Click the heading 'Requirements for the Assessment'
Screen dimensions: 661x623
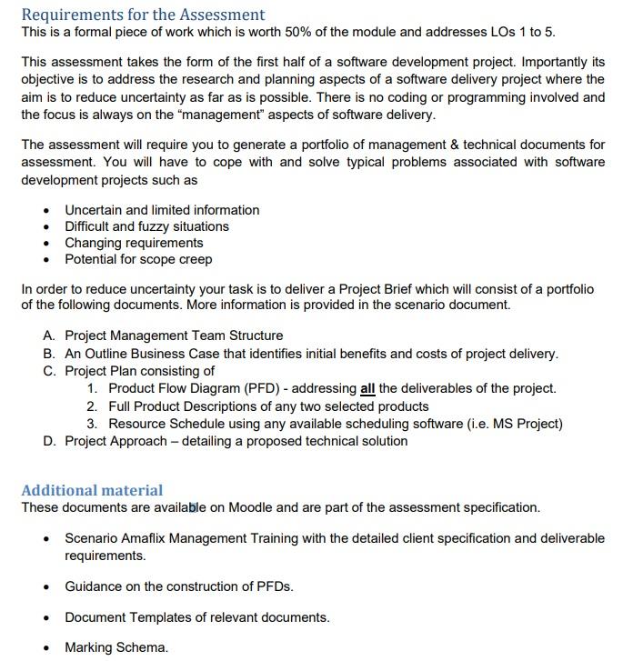pos(143,15)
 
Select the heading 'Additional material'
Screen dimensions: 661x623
pos(92,490)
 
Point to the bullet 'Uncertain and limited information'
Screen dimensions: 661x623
pos(162,210)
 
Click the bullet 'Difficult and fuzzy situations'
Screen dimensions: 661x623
pos(146,226)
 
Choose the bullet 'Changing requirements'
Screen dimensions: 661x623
pos(134,243)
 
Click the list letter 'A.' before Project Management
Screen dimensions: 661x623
pos(49,336)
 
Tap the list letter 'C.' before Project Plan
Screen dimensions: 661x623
pos(49,371)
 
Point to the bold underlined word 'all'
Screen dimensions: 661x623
pos(367,388)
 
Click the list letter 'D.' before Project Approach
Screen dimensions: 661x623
pos(49,441)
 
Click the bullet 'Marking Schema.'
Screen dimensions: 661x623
pos(116,647)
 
